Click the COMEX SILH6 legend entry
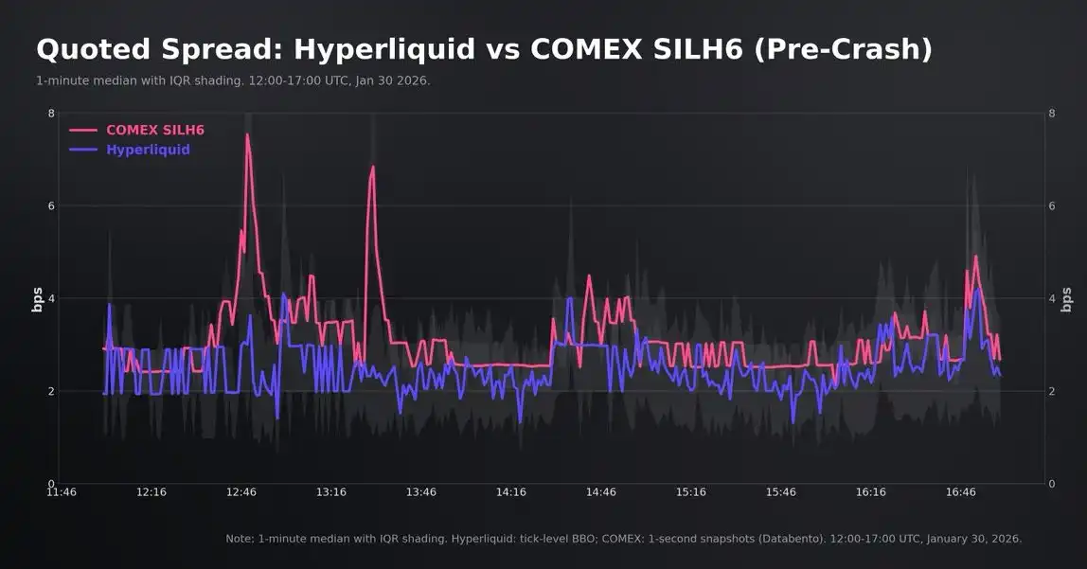pos(154,130)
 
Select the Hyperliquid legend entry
pos(148,150)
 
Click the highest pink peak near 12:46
pos(247,134)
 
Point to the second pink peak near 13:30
pos(373,167)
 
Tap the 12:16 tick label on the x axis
pos(151,492)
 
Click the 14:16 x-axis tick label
pos(511,492)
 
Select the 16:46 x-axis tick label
pos(960,492)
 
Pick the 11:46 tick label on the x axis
pos(62,492)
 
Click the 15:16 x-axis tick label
pos(691,492)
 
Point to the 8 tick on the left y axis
pos(51,114)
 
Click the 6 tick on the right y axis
pos(1052,206)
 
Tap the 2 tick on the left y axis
pos(51,391)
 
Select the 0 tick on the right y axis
pos(1052,484)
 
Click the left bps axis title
pos(38,298)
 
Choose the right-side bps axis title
pos(1067,298)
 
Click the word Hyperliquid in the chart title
pos(388,49)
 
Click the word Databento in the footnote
pos(793,539)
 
